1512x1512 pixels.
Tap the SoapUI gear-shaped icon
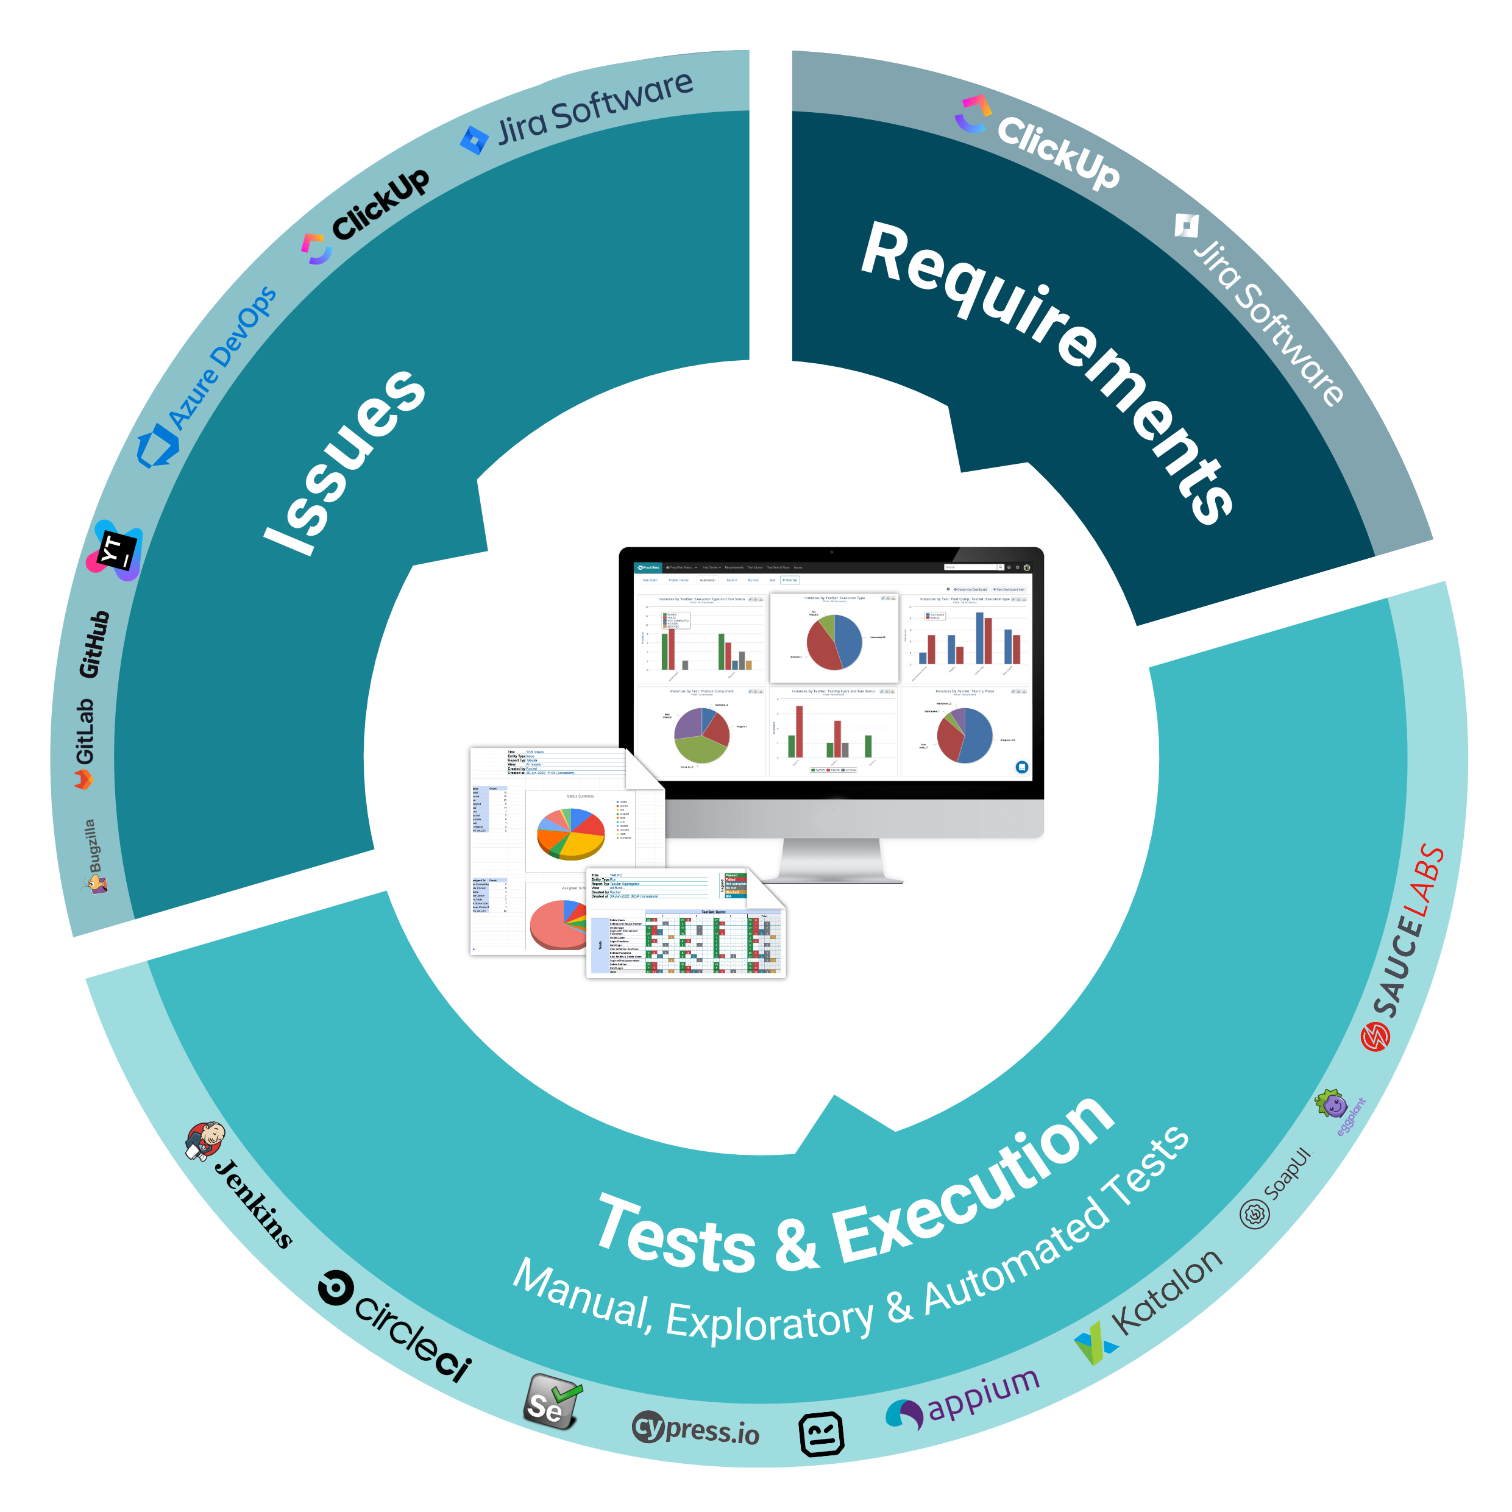[x=1255, y=1214]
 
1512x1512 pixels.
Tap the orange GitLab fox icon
[x=83, y=779]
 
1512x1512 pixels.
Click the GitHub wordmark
[x=94, y=644]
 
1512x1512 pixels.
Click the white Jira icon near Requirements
[x=1186, y=226]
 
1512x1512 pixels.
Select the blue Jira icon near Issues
[x=474, y=140]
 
